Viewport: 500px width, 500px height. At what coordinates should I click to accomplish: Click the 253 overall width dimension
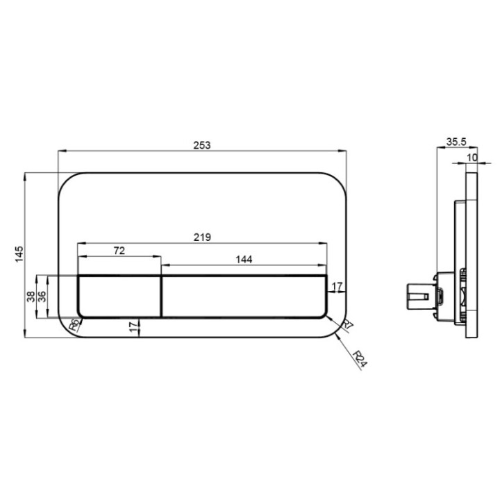coord(202,145)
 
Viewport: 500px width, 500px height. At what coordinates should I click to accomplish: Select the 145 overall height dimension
coord(19,254)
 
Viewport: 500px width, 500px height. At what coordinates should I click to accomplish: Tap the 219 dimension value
coord(202,237)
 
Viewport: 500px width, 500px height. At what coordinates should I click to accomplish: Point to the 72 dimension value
coord(119,251)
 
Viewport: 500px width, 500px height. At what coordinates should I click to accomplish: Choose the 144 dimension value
coord(244,260)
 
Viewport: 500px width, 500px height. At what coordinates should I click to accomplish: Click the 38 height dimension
coord(31,297)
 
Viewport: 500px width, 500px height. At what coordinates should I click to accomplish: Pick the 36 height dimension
coord(42,297)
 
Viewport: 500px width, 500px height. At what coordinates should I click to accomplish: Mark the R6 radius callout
coord(74,324)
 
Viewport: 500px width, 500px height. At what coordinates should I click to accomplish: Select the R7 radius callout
coord(348,326)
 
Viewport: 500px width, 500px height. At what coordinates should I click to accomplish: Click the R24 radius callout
coord(360,359)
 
